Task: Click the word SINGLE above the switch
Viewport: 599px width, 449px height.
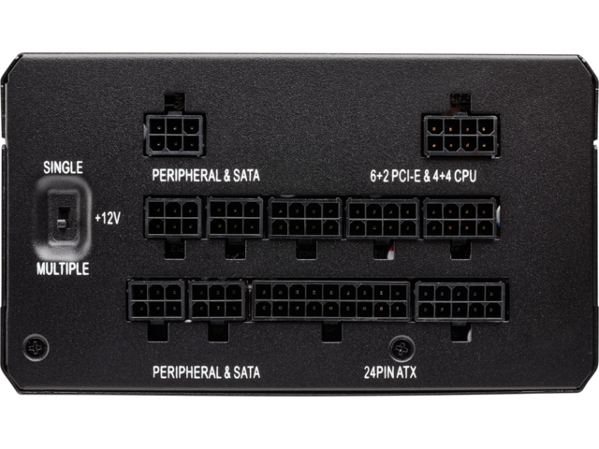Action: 63,167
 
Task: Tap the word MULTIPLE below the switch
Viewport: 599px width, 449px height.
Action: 63,268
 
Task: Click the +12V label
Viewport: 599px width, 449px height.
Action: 108,218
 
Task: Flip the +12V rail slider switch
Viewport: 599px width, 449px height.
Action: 63,218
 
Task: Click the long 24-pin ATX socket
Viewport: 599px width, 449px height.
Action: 330,301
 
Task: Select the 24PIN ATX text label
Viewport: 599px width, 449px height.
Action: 390,372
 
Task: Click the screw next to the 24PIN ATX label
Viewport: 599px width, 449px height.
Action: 402,348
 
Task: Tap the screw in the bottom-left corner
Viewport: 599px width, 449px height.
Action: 36,348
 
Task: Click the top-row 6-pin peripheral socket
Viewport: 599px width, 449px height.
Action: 174,135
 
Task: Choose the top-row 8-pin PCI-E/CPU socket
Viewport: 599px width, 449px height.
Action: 460,136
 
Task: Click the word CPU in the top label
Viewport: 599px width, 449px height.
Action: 465,176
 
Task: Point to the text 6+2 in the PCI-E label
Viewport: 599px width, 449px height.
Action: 379,176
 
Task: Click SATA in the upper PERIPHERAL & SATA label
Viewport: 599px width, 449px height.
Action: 246,175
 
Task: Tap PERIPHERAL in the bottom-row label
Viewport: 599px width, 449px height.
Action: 186,372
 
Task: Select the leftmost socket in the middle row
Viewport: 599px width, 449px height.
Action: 173,218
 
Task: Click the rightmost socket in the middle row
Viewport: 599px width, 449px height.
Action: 460,219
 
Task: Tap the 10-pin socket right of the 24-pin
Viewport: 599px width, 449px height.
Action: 460,301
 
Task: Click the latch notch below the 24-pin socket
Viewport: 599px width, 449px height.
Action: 331,331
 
